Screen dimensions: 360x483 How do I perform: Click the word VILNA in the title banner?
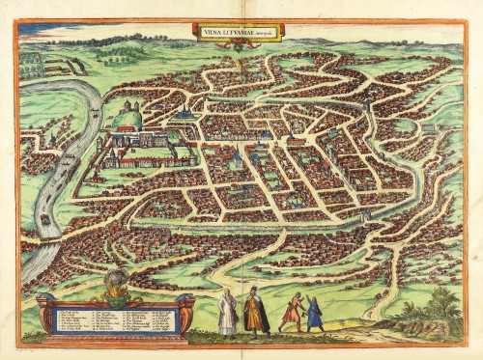click(210, 30)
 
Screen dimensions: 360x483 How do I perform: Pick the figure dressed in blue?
click(313, 314)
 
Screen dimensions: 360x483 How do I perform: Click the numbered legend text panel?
click(116, 321)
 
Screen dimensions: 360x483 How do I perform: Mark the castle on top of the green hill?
click(128, 108)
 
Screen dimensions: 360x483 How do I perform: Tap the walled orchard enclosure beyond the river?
click(63, 66)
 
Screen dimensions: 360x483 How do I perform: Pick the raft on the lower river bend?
click(44, 220)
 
